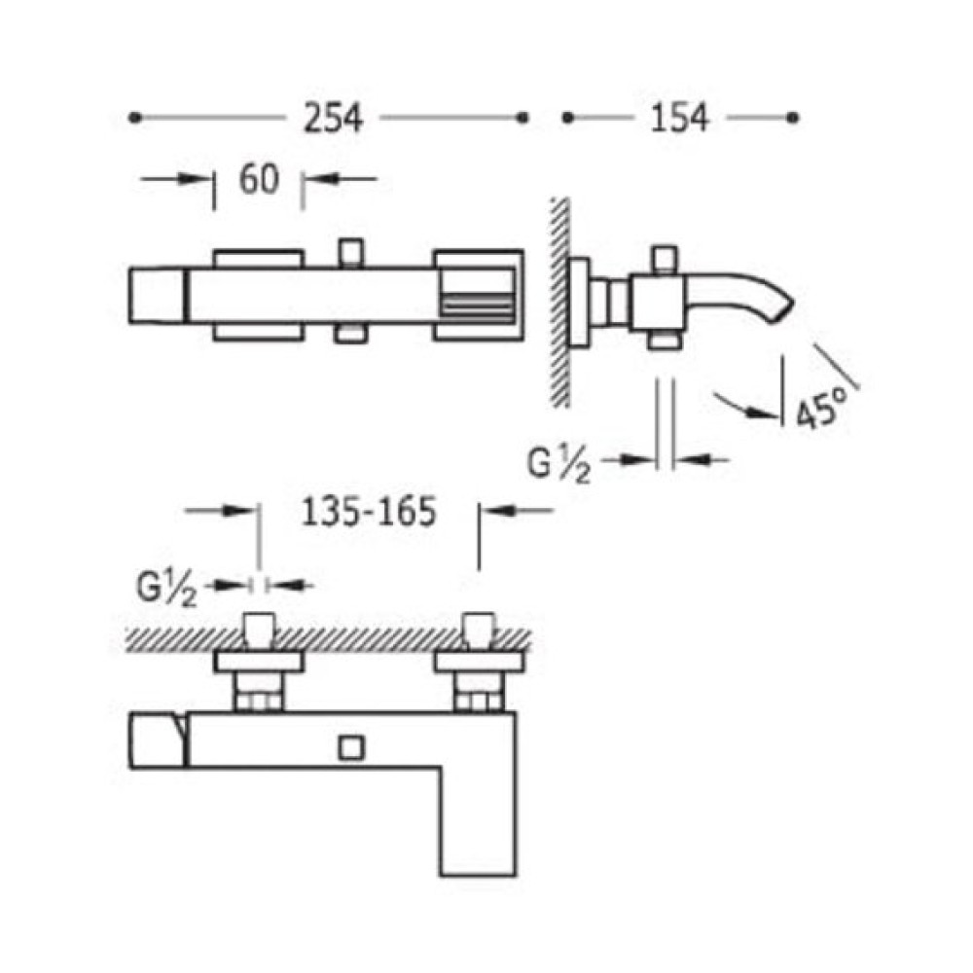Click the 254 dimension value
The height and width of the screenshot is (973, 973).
click(333, 118)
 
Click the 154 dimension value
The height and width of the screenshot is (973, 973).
click(678, 118)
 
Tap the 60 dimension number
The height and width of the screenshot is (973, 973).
click(259, 179)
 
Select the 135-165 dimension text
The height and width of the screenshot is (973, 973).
click(369, 513)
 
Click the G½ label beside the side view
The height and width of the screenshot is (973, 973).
click(559, 465)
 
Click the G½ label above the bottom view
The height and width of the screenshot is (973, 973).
click(167, 589)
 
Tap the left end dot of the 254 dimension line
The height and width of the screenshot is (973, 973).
click(134, 118)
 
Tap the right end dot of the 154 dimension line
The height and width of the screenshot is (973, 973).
click(792, 118)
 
